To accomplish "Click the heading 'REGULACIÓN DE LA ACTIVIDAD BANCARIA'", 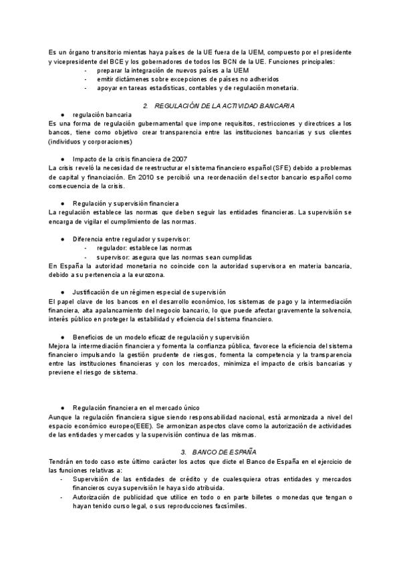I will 225,106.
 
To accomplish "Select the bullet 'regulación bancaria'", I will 98,115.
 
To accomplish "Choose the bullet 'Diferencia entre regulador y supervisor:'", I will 132,239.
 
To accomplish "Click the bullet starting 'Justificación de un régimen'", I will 149,292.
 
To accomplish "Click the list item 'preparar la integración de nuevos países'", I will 172,69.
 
